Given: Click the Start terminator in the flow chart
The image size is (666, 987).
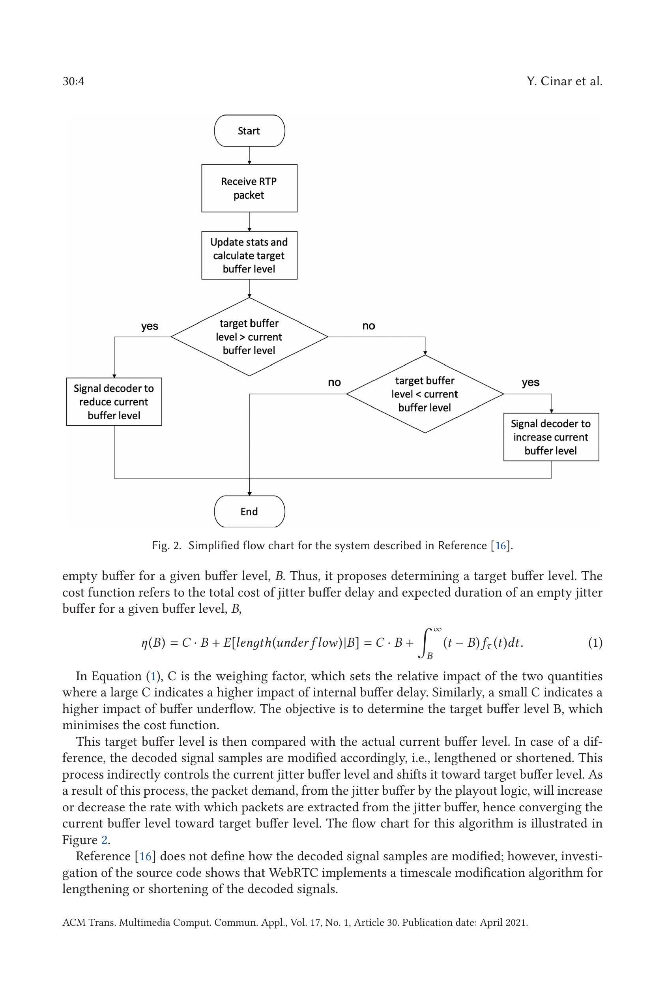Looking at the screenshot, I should [249, 131].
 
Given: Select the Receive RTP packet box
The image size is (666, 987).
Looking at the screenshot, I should [249, 188].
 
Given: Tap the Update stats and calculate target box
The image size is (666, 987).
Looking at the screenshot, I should [249, 255].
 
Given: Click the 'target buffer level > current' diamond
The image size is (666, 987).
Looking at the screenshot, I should [249, 337].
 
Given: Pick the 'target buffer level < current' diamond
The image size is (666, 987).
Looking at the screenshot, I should [425, 394].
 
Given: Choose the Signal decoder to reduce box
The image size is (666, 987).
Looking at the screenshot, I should [114, 402].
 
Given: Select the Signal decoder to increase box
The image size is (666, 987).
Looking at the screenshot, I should [551, 437].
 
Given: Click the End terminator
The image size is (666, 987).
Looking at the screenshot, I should [249, 511].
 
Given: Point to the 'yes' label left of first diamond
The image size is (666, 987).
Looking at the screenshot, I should [150, 326].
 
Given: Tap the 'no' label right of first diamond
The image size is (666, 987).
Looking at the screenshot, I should [369, 326].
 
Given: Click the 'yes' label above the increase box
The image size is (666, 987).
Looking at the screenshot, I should [531, 382].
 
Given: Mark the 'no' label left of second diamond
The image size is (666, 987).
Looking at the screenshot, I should [335, 382].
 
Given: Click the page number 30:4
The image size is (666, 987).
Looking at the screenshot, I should [73, 81].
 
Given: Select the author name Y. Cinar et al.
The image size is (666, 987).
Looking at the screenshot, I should [564, 81].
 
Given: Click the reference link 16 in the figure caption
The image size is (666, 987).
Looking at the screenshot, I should [501, 546].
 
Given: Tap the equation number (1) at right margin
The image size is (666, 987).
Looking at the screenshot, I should [595, 643].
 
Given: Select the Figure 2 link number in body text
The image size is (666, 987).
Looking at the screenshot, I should [104, 840].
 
